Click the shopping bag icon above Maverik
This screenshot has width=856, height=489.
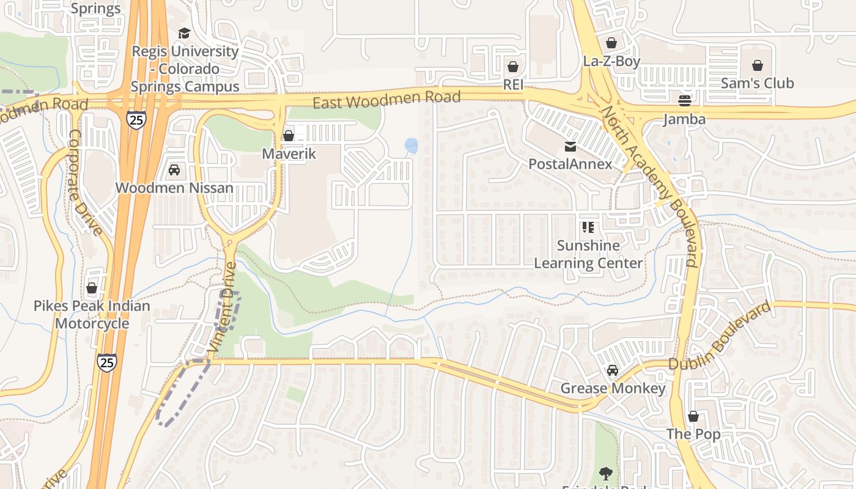289,136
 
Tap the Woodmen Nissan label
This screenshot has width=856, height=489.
174,188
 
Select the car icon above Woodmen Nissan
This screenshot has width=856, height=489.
174,170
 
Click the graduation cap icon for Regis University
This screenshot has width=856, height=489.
184,33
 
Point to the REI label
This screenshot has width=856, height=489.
513,84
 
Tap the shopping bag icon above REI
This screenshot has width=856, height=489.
513,67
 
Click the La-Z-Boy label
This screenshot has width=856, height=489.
611,61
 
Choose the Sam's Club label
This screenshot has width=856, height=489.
757,83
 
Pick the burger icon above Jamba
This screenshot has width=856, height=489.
685,101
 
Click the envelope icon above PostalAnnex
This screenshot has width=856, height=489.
570,146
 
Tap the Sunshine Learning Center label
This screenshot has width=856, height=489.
588,254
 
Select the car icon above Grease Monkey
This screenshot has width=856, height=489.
613,370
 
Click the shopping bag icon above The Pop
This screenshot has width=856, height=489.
693,416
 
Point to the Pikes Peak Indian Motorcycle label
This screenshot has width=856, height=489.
92,314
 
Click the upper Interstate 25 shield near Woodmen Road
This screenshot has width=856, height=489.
136,119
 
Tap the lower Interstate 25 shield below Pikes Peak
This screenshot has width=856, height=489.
107,362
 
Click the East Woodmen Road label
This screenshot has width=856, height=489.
386,100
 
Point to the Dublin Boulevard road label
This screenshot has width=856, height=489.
720,337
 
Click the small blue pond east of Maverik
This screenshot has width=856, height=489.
411,145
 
